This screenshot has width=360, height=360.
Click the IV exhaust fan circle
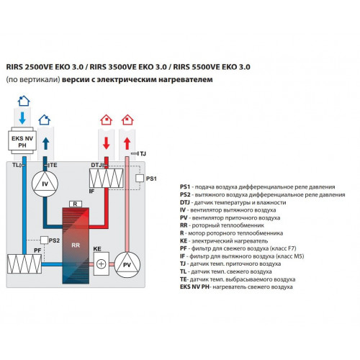(x=45, y=184)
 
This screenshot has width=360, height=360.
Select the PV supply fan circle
(x=127, y=265)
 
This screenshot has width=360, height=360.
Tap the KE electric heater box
(x=102, y=264)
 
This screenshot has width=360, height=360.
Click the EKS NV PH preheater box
(x=22, y=142)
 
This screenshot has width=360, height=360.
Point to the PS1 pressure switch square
(x=140, y=179)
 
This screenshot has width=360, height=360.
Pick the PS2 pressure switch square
(x=44, y=240)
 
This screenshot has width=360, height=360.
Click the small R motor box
(x=76, y=204)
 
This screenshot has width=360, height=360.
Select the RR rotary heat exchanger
(x=76, y=246)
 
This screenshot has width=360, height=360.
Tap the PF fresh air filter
(x=24, y=264)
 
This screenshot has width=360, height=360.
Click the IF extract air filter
(x=107, y=178)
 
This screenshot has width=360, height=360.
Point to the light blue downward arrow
(x=22, y=118)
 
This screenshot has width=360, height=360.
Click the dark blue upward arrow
(x=45, y=143)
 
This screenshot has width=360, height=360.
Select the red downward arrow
(x=107, y=143)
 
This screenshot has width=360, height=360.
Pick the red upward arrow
(x=127, y=143)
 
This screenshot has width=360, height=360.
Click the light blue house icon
(x=24, y=101)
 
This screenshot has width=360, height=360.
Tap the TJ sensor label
(x=143, y=153)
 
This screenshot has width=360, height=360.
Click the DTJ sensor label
(x=96, y=165)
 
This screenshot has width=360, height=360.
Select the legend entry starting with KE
(x=224, y=240)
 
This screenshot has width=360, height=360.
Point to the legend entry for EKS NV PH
(x=236, y=287)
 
